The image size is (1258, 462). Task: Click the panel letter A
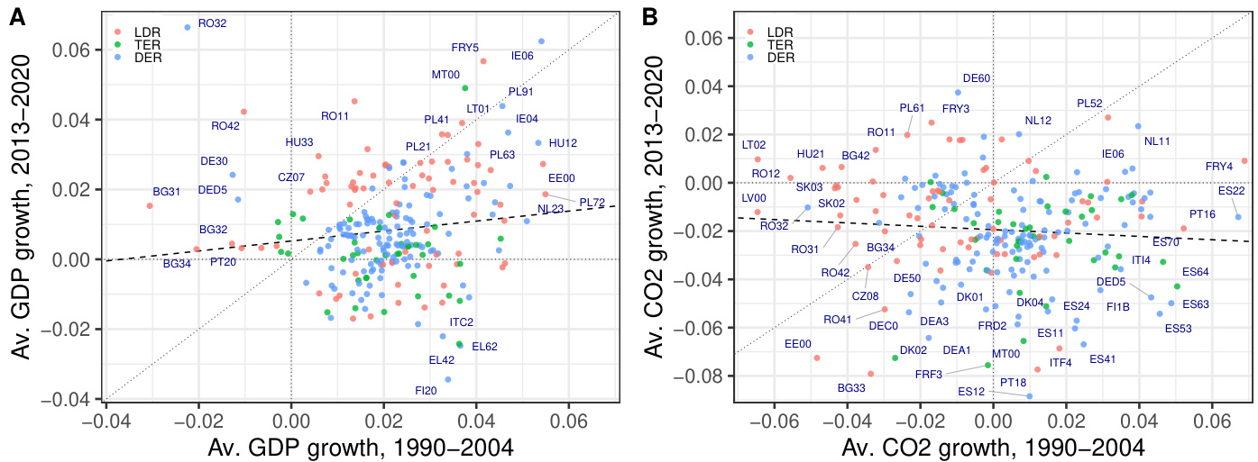click(16, 16)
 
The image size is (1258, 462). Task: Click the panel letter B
click(649, 16)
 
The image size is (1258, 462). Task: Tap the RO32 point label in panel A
click(212, 23)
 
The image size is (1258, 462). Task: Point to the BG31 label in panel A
click(167, 192)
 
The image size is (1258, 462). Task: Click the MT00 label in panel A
click(446, 75)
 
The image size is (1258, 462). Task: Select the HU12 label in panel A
click(563, 142)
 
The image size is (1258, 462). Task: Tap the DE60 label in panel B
click(977, 78)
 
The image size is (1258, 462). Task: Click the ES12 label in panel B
click(971, 392)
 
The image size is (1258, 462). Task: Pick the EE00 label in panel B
click(798, 343)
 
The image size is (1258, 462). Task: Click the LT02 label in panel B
click(754, 144)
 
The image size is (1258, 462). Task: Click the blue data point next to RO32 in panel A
click(188, 27)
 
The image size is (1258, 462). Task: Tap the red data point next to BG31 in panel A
click(150, 205)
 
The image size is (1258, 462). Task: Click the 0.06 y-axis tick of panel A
click(70, 50)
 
